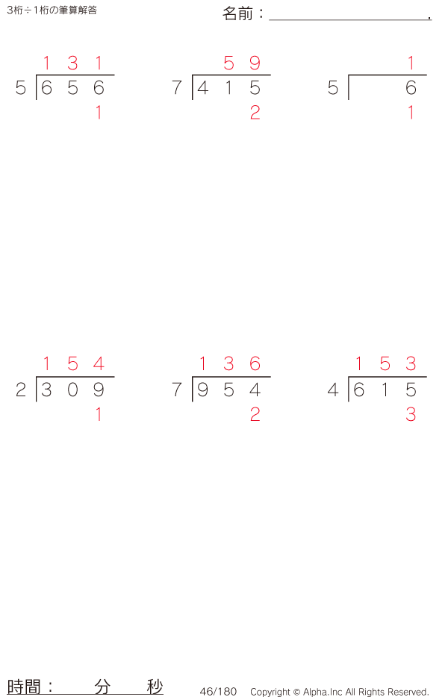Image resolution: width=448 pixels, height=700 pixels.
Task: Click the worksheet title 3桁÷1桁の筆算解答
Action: pos(52,10)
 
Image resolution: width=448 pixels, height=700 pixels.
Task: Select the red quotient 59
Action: pos(242,63)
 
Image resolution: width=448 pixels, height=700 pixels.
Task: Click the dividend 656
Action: pos(72,88)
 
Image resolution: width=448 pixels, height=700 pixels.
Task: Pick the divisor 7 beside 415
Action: pos(176,88)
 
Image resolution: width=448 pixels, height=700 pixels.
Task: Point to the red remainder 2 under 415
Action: pos(255,113)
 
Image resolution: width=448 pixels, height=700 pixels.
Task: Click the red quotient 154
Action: pos(72,364)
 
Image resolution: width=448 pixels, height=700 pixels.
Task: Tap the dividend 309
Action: pos(72,390)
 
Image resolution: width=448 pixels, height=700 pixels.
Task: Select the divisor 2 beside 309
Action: pos(21,390)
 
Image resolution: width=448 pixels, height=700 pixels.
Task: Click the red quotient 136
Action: pos(228,364)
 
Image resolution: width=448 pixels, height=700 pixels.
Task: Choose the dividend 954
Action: pos(228,390)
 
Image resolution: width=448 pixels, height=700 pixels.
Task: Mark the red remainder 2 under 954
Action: pos(255,415)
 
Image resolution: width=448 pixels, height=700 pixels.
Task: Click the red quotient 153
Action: pos(385,364)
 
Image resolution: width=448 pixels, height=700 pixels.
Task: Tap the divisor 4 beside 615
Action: pos(333,390)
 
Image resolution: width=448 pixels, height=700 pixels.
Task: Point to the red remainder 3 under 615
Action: pos(411,415)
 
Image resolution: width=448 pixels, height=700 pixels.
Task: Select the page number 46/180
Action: pos(218,692)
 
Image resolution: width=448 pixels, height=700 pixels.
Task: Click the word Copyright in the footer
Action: pos(270,692)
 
